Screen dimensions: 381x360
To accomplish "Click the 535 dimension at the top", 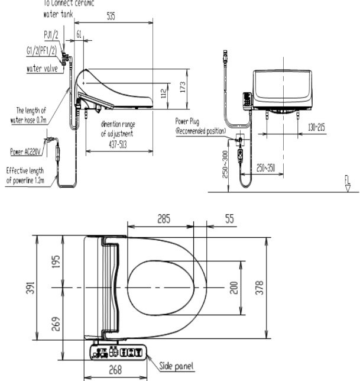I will [111, 17].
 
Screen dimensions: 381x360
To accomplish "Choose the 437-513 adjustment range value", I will [117, 134].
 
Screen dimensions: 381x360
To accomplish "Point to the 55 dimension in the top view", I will [228, 218].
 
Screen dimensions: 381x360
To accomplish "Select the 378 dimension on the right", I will [274, 287].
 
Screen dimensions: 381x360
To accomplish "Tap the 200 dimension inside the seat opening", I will [233, 287].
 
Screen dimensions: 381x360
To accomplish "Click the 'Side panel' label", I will [177, 366].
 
